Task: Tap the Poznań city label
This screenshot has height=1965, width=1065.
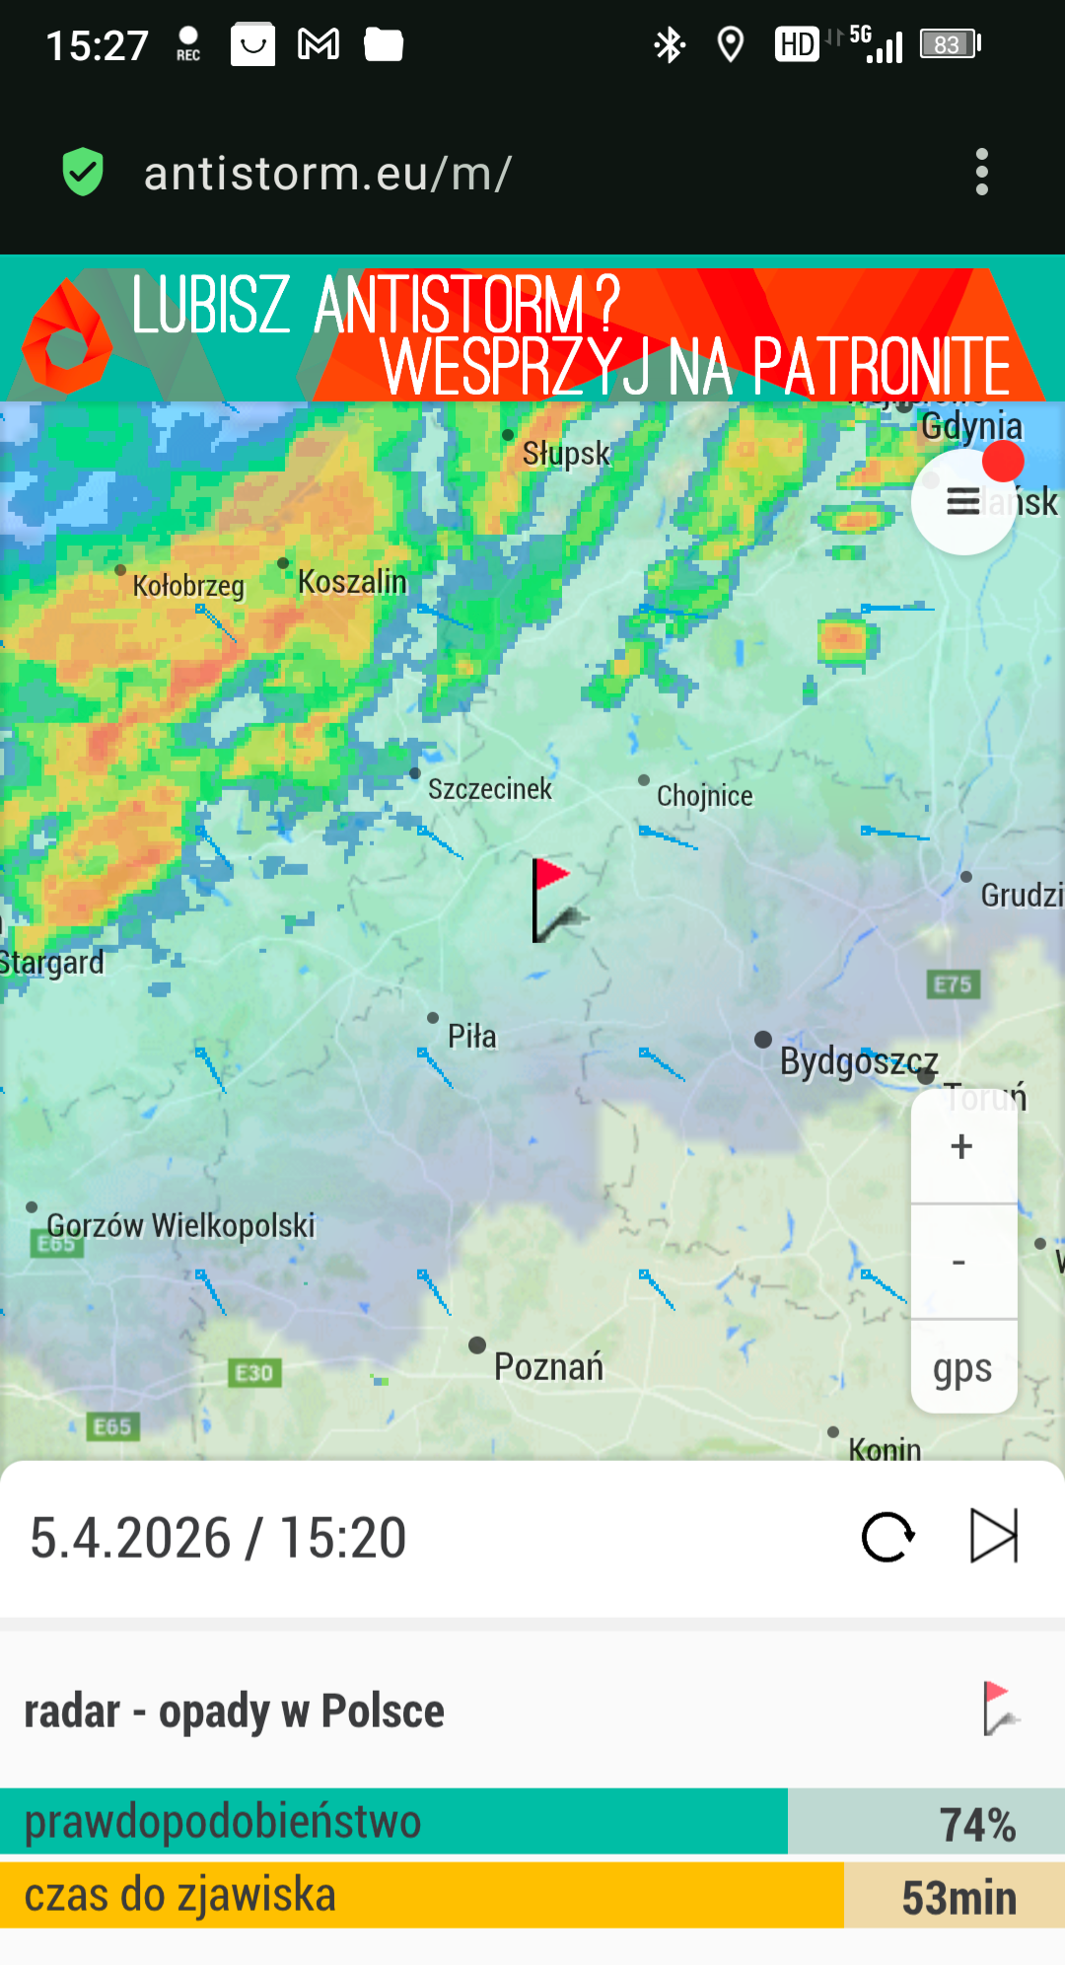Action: (548, 1367)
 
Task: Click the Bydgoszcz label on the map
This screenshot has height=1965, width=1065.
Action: (858, 1061)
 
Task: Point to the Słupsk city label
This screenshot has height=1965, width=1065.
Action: (566, 454)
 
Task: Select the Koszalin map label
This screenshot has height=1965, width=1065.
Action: (352, 582)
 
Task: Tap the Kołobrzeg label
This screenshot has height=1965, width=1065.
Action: (188, 586)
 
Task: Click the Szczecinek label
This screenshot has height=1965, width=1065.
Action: (490, 789)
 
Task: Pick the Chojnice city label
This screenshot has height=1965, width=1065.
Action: (704, 796)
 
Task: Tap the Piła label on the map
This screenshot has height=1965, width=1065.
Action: (471, 1037)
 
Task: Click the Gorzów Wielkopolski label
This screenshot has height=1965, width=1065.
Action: (180, 1226)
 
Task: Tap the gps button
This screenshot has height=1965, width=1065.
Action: (962, 1369)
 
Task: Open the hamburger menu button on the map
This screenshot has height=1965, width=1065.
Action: (963, 502)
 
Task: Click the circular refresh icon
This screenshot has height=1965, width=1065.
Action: (887, 1537)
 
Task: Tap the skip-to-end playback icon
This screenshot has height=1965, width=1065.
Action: (993, 1536)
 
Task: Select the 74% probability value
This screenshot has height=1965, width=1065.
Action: (976, 1825)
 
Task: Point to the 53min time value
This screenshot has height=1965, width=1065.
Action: (958, 1898)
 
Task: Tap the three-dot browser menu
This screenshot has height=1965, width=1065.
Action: (981, 173)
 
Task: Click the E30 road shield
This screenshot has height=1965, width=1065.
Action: (254, 1373)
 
